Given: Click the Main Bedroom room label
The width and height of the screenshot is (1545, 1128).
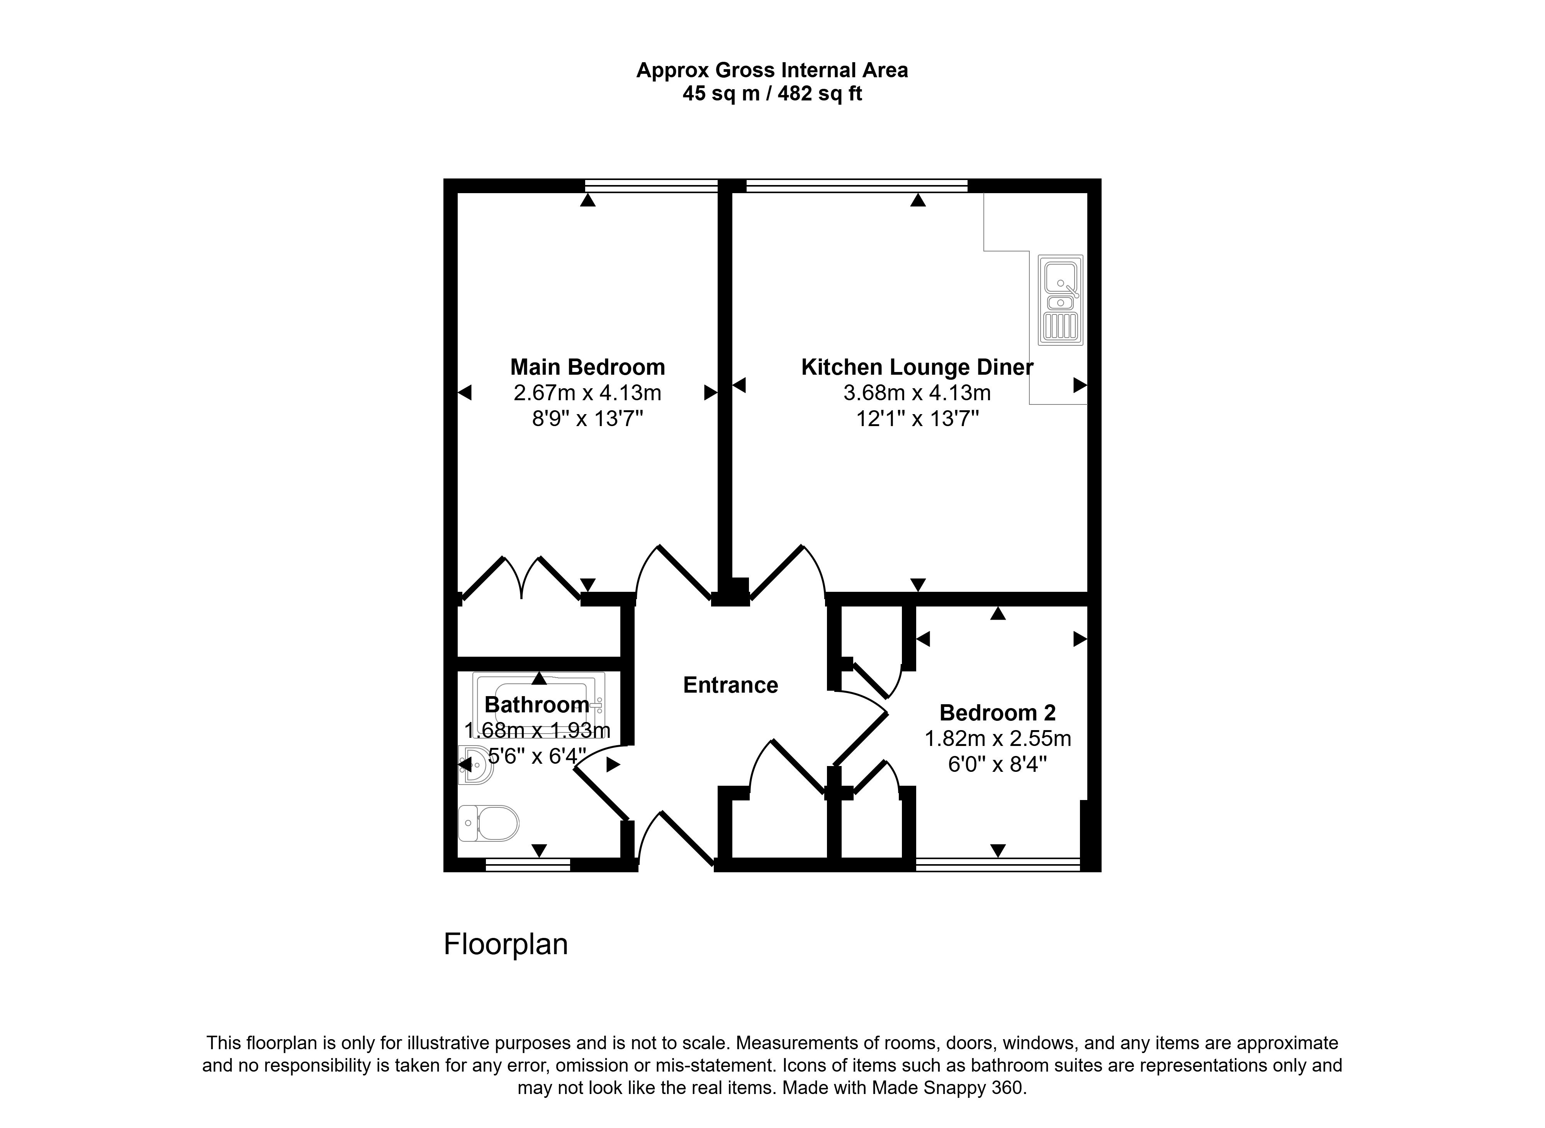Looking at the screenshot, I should [587, 367].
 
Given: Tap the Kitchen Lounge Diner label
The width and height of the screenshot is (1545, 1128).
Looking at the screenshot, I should [917, 367].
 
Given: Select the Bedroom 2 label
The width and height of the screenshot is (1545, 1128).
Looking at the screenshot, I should [997, 713].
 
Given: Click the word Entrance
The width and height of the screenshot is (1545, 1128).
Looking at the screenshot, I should [730, 685].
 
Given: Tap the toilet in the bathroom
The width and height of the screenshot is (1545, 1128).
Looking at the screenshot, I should [489, 823].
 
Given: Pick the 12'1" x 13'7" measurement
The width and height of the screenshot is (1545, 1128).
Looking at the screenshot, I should [917, 418].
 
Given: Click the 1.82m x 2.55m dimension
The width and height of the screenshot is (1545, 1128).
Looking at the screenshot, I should [997, 739].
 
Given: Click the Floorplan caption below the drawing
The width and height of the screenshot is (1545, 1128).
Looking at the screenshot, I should [505, 945].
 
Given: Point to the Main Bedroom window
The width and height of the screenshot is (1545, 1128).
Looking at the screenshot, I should [651, 186].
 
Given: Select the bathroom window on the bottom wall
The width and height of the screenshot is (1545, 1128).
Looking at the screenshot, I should [528, 865].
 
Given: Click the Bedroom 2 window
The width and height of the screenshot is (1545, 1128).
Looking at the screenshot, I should [997, 865].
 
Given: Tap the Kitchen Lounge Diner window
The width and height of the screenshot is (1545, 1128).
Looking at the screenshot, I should [857, 186].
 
